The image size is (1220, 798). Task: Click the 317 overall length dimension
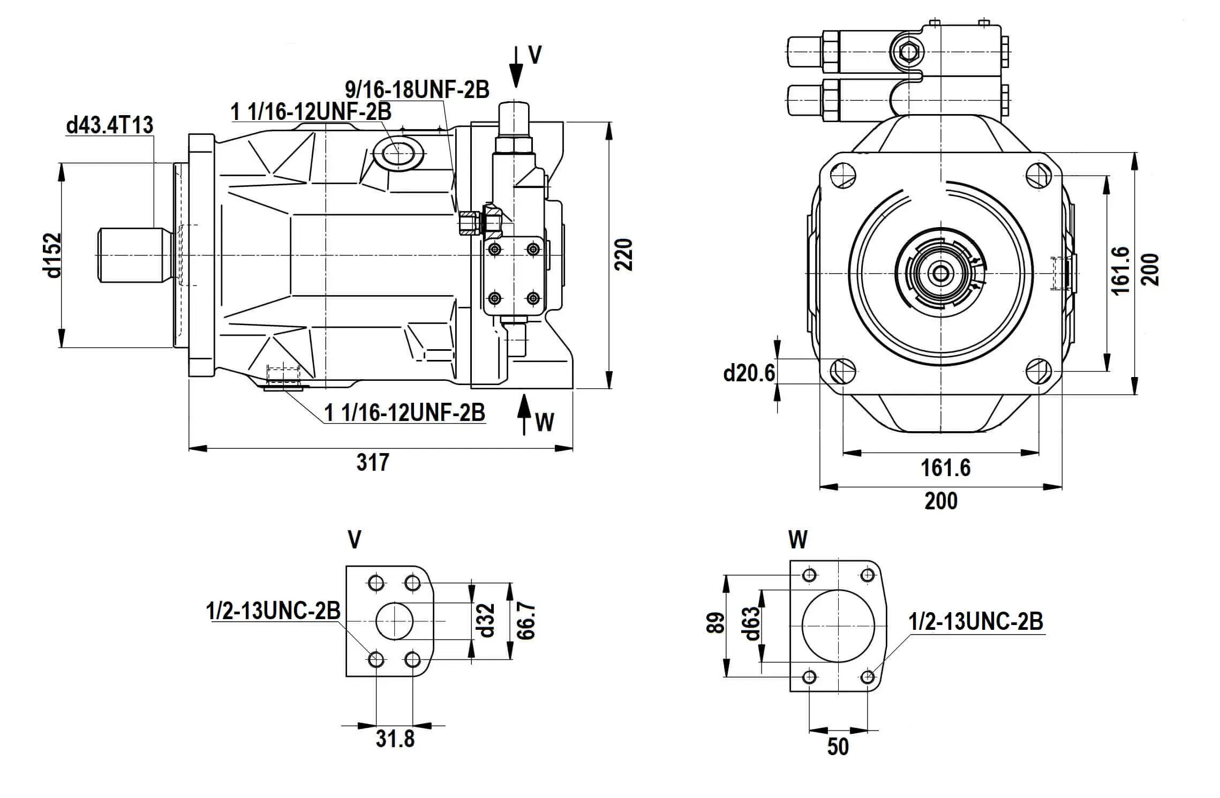click(373, 462)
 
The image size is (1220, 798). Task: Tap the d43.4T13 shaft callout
click(110, 125)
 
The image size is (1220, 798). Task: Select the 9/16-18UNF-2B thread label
click(417, 89)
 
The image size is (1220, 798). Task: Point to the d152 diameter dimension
click(54, 255)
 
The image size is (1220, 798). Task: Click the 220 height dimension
click(623, 254)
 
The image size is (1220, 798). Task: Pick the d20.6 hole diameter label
click(749, 373)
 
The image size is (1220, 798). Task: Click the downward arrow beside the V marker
click(516, 67)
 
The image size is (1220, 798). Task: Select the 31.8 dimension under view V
click(395, 739)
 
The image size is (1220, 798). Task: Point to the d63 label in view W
click(752, 623)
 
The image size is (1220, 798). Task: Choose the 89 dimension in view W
click(716, 623)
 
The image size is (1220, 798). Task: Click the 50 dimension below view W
click(838, 747)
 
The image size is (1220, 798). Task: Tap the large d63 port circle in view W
click(838, 626)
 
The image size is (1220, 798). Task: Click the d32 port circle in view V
click(395, 621)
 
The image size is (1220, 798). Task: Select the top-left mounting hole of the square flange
click(842, 175)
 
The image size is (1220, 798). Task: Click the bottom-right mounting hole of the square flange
click(1039, 371)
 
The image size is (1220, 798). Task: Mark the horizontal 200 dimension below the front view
click(941, 501)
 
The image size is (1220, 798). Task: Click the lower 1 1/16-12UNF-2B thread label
click(405, 412)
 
